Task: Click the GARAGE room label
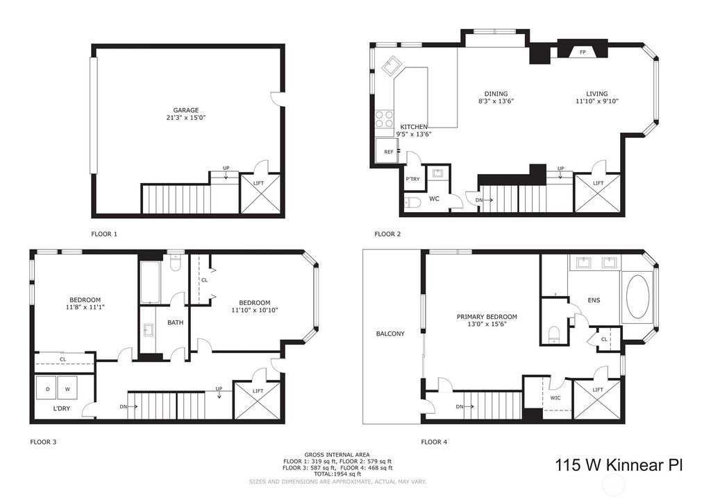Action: tap(186, 110)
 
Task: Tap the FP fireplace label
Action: tap(583, 52)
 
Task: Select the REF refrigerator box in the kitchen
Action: tap(387, 150)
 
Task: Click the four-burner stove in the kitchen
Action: tap(385, 119)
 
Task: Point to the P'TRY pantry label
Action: tap(412, 180)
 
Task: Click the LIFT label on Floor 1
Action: tap(258, 183)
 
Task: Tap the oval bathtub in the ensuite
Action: tap(639, 297)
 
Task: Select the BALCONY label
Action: tap(390, 334)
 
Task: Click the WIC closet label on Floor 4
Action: tap(555, 398)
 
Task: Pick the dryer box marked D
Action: tap(47, 388)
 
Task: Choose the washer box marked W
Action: tap(67, 388)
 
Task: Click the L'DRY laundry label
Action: tap(62, 408)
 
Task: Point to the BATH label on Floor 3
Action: tap(176, 322)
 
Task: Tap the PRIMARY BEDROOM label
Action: tap(487, 317)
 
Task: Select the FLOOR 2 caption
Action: tap(387, 234)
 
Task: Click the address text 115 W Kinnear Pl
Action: tap(619, 465)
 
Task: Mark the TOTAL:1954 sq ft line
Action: tap(337, 474)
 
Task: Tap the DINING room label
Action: tap(496, 94)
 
